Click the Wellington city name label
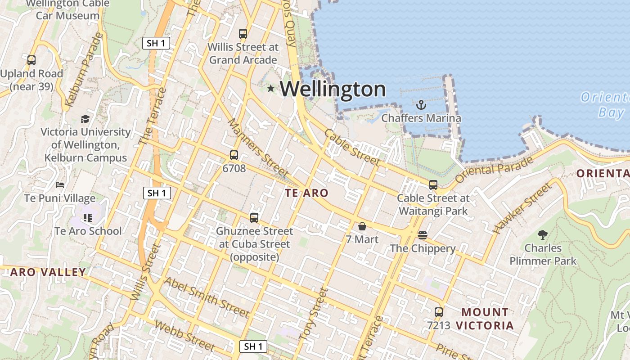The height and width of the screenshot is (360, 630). pos(333,89)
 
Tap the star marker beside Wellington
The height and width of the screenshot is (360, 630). pos(270,89)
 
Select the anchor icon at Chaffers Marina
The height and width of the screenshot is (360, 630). pos(421,105)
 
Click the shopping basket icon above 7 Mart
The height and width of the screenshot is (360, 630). pos(362,226)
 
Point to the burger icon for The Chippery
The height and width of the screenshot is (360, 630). pos(422,235)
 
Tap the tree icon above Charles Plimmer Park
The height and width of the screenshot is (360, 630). pos(543,234)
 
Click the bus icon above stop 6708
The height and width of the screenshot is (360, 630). pos(234,156)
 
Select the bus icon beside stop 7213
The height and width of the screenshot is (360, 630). pos(439,312)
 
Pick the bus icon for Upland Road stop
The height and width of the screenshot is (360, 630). pos(31,60)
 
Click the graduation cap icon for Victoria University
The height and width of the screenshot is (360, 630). pos(85,119)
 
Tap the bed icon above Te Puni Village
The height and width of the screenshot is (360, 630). pos(60,185)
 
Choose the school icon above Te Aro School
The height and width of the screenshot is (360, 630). pos(88,218)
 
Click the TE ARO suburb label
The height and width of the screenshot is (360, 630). pos(306,193)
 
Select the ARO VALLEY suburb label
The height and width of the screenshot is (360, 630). pos(48,272)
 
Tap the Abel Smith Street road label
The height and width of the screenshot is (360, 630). pos(206,297)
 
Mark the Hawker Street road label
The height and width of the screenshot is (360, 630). pos(522,208)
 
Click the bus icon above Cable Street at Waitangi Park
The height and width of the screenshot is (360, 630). pos(433,185)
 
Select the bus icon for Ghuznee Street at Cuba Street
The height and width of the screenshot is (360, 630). pos(254,218)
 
